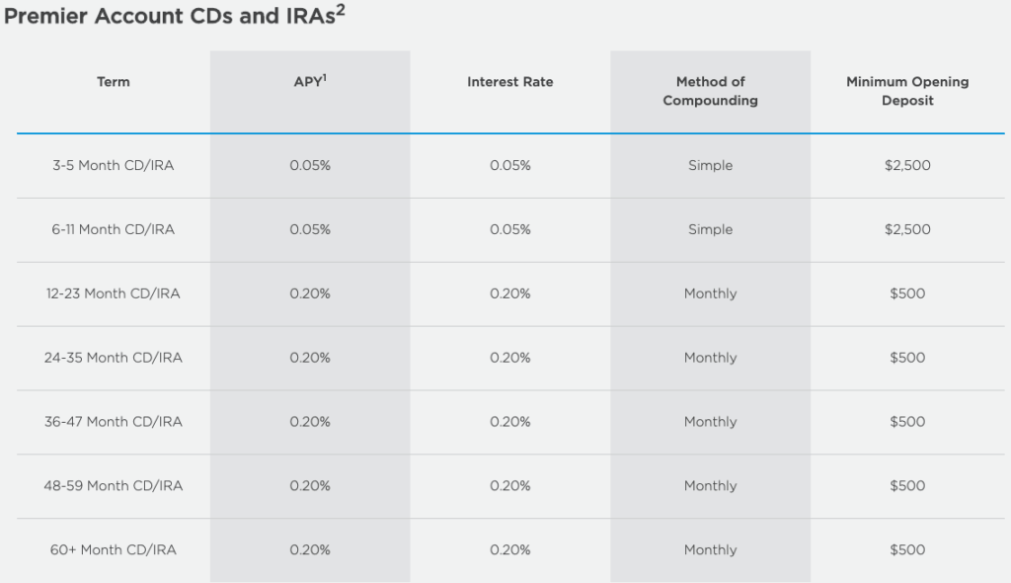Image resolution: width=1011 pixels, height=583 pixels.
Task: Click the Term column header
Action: click(x=114, y=82)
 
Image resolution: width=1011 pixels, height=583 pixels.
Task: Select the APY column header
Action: click(x=310, y=81)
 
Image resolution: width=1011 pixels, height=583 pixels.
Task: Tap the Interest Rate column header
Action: click(x=510, y=82)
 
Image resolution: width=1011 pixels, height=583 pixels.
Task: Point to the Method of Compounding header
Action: click(x=711, y=91)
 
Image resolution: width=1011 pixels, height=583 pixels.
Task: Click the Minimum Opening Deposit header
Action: click(x=907, y=91)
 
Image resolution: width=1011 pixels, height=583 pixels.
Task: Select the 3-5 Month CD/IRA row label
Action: click(x=114, y=165)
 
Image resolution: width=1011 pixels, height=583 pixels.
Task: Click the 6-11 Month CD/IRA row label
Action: click(x=114, y=229)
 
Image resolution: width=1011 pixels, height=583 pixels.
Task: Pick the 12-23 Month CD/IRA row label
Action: click(x=114, y=293)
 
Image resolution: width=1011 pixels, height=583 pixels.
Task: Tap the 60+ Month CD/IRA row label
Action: click(x=114, y=549)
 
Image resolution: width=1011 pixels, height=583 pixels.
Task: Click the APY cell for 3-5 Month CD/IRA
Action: click(x=310, y=165)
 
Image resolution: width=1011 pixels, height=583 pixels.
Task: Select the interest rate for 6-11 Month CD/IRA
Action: click(x=510, y=229)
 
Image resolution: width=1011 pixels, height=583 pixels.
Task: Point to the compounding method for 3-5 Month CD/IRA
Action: click(x=711, y=165)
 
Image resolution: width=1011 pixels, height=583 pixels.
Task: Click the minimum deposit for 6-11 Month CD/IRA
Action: click(x=907, y=229)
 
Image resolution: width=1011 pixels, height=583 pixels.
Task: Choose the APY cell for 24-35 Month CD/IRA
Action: click(x=310, y=357)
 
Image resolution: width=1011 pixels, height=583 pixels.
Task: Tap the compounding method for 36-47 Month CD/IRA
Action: click(x=711, y=422)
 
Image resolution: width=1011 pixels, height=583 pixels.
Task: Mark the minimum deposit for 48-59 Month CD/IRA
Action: click(x=907, y=485)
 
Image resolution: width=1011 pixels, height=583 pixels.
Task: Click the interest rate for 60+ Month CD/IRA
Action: click(x=510, y=549)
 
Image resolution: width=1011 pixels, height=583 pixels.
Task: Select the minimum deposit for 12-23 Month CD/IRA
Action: click(x=907, y=293)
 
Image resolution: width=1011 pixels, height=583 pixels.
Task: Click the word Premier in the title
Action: click(x=45, y=16)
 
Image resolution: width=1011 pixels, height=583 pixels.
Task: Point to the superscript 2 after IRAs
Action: click(x=341, y=10)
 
